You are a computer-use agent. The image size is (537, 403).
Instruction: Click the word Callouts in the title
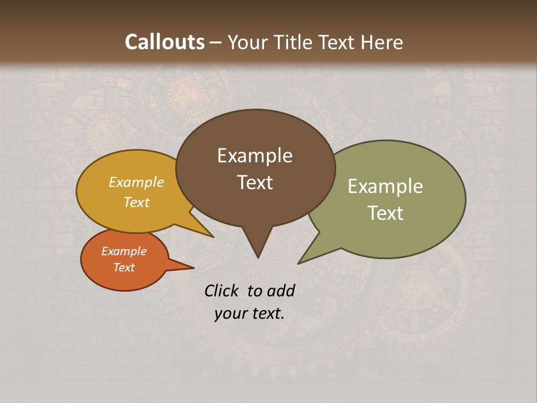pyautogui.click(x=164, y=43)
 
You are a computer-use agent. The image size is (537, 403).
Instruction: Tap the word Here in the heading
pyautogui.click(x=382, y=43)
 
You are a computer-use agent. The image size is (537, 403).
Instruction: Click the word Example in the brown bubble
pyautogui.click(x=255, y=156)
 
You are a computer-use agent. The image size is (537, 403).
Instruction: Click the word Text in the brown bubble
pyautogui.click(x=255, y=182)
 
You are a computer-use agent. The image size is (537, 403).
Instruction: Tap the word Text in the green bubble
pyautogui.click(x=385, y=213)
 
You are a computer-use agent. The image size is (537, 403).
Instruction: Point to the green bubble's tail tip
pyautogui.click(x=299, y=263)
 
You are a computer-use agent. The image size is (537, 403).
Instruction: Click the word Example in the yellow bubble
pyautogui.click(x=136, y=182)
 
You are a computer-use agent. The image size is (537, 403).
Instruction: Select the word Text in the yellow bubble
pyautogui.click(x=136, y=203)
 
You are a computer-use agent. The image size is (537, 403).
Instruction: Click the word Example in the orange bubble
pyautogui.click(x=124, y=251)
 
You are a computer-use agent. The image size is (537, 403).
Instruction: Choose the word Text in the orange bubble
pyautogui.click(x=124, y=268)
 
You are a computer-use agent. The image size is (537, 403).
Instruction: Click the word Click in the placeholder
pyautogui.click(x=222, y=290)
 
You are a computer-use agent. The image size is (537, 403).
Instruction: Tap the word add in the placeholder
pyautogui.click(x=281, y=290)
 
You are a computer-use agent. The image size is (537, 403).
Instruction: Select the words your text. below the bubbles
pyautogui.click(x=249, y=313)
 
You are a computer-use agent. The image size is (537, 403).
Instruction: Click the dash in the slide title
pyautogui.click(x=217, y=43)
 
